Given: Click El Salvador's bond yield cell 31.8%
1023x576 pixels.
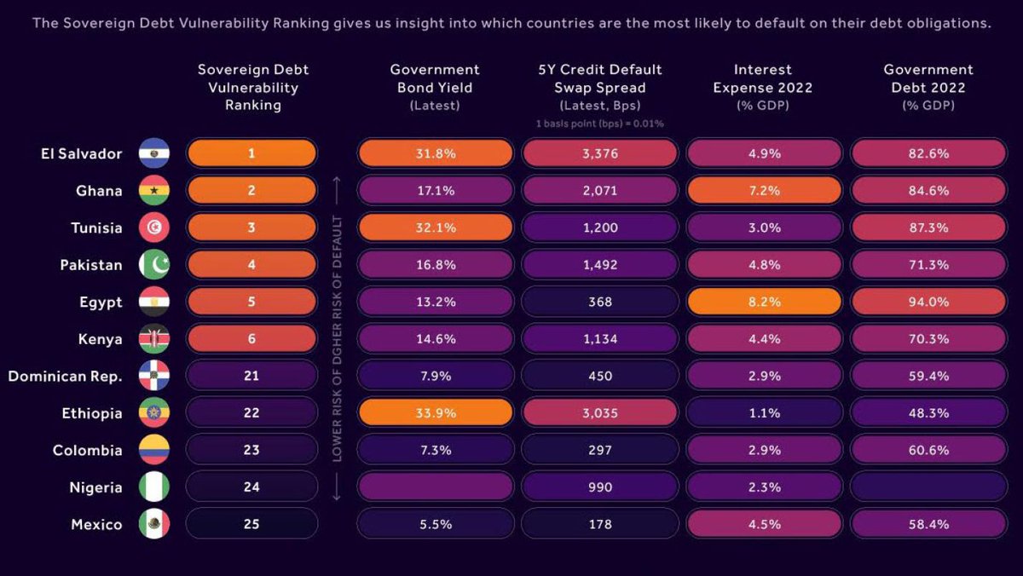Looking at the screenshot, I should (435, 153).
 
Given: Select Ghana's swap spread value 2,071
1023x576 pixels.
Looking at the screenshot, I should (599, 191).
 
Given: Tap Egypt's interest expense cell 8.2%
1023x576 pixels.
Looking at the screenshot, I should (764, 302).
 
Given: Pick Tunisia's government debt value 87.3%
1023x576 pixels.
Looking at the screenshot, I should (928, 228).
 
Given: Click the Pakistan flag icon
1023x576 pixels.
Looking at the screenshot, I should (154, 265).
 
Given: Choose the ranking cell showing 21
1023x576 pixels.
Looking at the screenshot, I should (251, 376).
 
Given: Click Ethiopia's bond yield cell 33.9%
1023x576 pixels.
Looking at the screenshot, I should (435, 413).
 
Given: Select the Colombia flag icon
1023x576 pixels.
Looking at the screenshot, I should (154, 450).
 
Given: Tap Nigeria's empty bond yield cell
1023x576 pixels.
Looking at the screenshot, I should (435, 487).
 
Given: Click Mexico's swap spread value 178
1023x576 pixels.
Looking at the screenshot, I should (599, 524).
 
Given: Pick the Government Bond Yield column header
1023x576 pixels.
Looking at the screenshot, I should (435, 87).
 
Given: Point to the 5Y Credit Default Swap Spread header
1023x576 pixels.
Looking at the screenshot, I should (599, 87).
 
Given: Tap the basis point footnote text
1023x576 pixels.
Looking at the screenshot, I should (599, 124).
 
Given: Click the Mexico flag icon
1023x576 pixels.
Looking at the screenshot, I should (154, 524).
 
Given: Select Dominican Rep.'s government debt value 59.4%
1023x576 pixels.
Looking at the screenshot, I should (928, 376).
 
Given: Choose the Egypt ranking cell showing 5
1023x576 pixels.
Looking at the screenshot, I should (251, 302).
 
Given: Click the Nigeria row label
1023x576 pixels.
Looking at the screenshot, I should (95, 487).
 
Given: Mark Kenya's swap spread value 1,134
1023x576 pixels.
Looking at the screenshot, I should (599, 339).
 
